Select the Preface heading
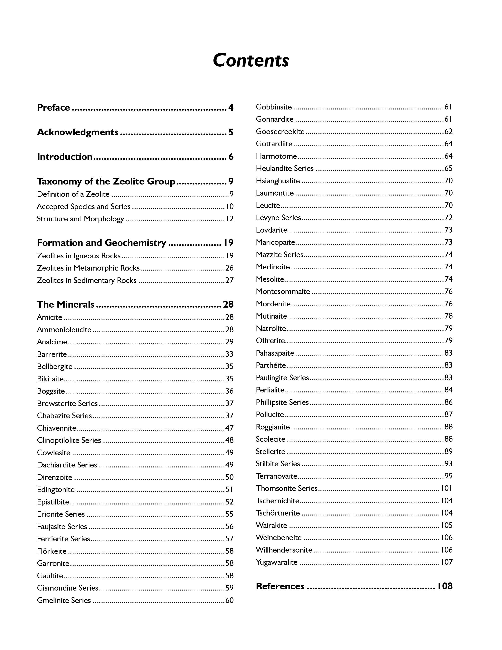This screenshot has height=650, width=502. (53, 108)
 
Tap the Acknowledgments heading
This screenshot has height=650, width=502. (77, 132)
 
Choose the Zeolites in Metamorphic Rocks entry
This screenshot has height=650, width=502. (88, 268)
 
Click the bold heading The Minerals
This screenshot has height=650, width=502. (66, 304)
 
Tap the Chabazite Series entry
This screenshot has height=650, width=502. (64, 416)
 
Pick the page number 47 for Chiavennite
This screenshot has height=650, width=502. (229, 428)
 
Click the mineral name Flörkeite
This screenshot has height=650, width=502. (52, 551)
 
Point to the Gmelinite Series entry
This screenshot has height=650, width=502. (64, 600)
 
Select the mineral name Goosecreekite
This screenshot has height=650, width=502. (280, 132)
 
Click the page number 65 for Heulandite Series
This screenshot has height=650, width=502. (448, 168)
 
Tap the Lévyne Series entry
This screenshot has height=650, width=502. (278, 218)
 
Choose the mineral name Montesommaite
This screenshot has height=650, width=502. (283, 292)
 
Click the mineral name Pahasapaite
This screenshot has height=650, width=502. (275, 353)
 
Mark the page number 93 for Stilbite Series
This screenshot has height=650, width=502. (448, 464)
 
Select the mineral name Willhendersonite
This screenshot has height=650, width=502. (284, 550)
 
